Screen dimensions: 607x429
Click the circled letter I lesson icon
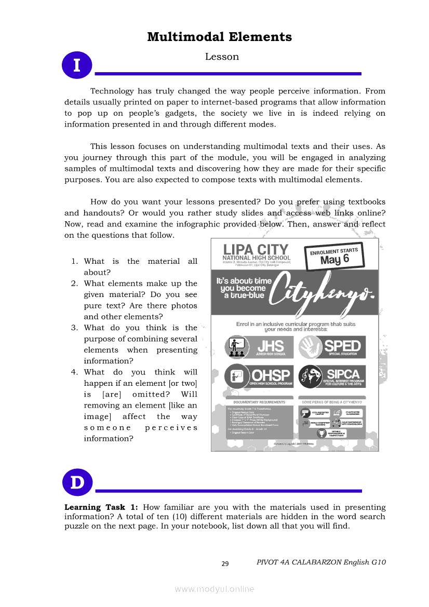click(77, 65)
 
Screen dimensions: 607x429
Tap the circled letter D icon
click(77, 482)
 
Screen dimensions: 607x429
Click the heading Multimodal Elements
click(219, 37)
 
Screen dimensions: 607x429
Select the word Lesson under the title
click(222, 57)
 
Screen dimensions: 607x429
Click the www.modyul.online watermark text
click(214, 588)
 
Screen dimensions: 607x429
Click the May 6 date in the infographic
click(334, 260)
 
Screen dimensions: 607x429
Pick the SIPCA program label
click(343, 373)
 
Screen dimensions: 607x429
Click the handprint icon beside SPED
click(311, 346)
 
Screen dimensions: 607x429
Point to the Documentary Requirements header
click(259, 402)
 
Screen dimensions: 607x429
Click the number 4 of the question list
click(74, 372)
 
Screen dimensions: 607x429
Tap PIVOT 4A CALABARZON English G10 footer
click(321, 562)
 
